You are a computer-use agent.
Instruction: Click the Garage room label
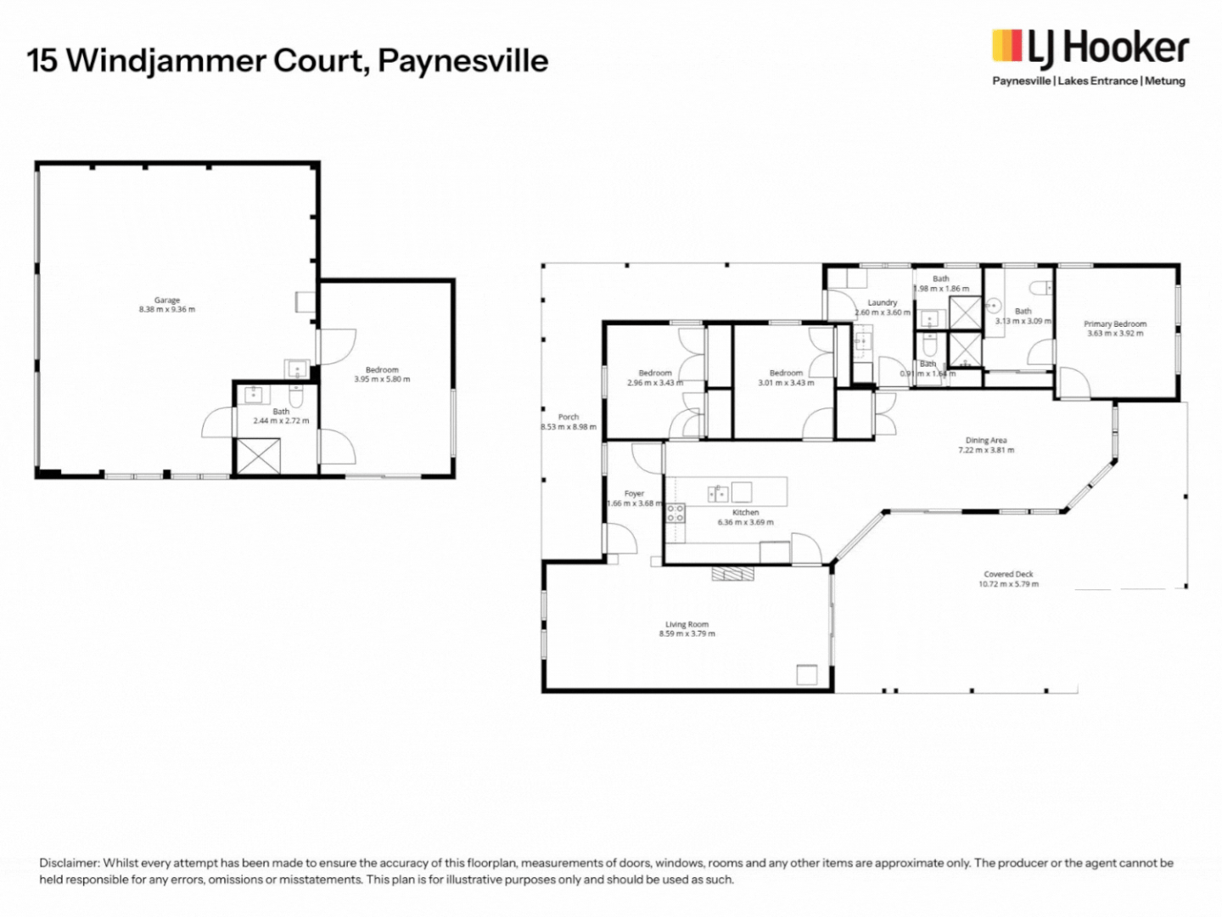(167, 300)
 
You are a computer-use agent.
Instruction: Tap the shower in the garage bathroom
(257, 457)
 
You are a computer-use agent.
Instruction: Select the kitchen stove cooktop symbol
(675, 513)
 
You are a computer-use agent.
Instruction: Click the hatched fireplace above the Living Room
(732, 574)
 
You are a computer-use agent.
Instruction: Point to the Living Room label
(687, 624)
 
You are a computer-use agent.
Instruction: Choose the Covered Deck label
(1008, 574)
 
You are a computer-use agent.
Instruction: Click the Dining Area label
(985, 440)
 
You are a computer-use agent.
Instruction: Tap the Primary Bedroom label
(1115, 323)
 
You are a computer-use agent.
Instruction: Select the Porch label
(569, 417)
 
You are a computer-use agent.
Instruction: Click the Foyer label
(634, 493)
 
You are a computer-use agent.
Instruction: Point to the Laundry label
(883, 302)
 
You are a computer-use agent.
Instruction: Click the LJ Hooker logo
(1090, 48)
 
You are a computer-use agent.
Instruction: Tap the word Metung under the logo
(1165, 82)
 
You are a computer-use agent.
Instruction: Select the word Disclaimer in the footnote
(70, 863)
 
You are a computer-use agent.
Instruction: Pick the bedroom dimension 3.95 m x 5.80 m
(382, 380)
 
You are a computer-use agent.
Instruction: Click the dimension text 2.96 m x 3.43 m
(655, 383)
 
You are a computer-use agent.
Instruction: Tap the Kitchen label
(745, 512)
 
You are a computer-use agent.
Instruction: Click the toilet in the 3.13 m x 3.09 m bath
(1042, 288)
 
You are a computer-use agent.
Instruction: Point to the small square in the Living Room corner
(806, 674)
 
